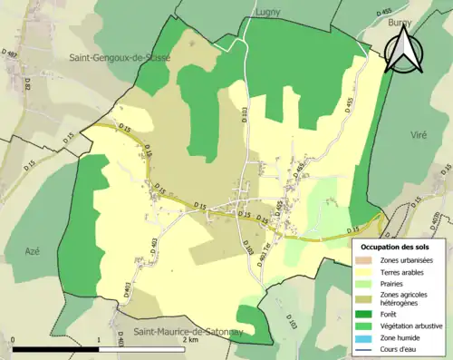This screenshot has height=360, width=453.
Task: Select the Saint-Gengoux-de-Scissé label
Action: tap(120, 57)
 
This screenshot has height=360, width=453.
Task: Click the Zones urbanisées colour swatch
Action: tap(366, 260)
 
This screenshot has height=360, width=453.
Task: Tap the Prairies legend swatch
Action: tap(366, 282)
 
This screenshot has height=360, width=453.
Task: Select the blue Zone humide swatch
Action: tap(366, 336)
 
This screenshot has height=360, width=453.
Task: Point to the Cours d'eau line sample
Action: tap(366, 347)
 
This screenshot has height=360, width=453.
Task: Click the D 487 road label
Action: tap(12, 56)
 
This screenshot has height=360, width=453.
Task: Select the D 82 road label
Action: tap(27, 86)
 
